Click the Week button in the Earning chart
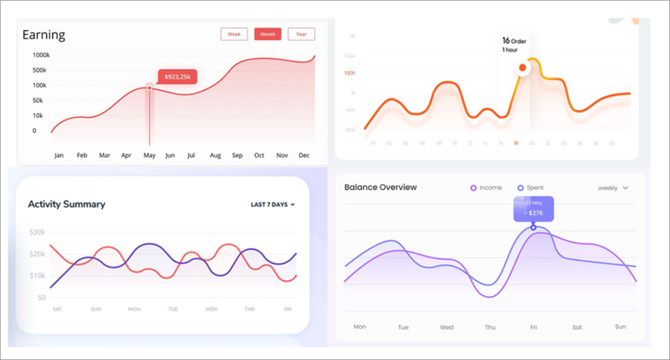pyautogui.click(x=234, y=34)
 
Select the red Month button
pyautogui.click(x=268, y=34)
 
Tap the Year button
pyautogui.click(x=301, y=34)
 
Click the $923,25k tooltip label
pyautogui.click(x=177, y=77)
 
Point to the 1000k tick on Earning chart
pyautogui.click(x=41, y=55)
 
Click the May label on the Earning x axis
pyautogui.click(x=149, y=155)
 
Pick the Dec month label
pyautogui.click(x=304, y=155)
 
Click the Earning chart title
pyautogui.click(x=43, y=35)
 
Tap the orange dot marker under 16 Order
pyautogui.click(x=522, y=67)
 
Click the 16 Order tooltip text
pyautogui.click(x=514, y=41)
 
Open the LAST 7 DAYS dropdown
pyautogui.click(x=272, y=204)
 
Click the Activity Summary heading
pyautogui.click(x=66, y=204)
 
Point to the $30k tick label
pyautogui.click(x=37, y=233)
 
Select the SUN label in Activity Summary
pyautogui.click(x=96, y=309)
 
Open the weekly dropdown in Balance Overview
pyautogui.click(x=613, y=187)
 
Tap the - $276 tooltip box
pyautogui.click(x=533, y=209)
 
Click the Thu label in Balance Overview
pyautogui.click(x=490, y=327)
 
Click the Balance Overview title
pyautogui.click(x=380, y=187)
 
